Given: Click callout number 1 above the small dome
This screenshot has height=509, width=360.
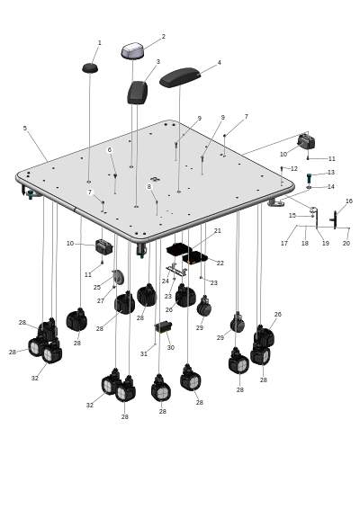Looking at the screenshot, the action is [x=100, y=43].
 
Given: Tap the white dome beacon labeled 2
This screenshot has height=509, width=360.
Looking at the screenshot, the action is [x=133, y=51].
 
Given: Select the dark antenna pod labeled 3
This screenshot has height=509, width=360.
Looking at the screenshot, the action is [x=138, y=93].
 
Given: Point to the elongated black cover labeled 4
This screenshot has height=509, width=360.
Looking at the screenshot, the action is [x=180, y=77].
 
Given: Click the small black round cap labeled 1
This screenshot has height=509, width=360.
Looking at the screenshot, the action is [x=90, y=68].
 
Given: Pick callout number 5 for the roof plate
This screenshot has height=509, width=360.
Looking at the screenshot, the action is [x=25, y=129].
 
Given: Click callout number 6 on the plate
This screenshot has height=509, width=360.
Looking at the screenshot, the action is [x=110, y=149].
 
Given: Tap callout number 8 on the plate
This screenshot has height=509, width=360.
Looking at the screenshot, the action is [x=149, y=187].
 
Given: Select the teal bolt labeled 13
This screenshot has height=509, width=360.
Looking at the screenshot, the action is [x=309, y=178].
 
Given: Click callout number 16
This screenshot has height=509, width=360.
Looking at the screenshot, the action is [x=349, y=201].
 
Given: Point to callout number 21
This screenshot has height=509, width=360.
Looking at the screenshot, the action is [x=218, y=230].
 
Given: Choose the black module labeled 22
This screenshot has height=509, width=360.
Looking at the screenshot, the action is [x=195, y=258].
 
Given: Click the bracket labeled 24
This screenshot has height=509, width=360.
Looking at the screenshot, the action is [x=175, y=270].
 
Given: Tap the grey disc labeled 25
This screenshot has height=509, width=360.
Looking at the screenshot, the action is [x=119, y=278].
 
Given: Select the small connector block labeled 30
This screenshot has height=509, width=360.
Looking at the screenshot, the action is [x=164, y=326].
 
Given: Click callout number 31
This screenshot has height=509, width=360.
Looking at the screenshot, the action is [x=144, y=353].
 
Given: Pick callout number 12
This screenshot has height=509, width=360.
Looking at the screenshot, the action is [x=294, y=169].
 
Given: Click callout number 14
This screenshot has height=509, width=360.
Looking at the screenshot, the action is [x=331, y=187].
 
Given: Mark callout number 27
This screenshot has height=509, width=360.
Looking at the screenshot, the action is [x=101, y=301].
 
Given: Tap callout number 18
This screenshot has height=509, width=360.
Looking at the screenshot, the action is [x=305, y=243].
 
